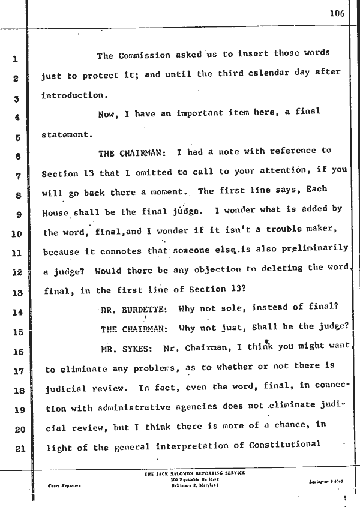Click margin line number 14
click(16, 312)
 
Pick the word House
click(56, 212)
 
